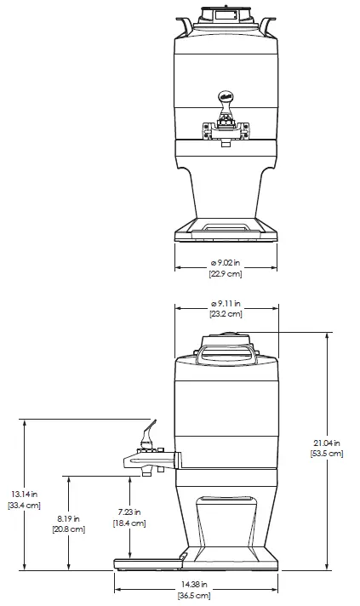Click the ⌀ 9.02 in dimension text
click(226, 263)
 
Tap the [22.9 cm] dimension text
click(226, 274)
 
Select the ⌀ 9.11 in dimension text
click(226, 303)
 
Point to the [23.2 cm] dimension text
click(226, 314)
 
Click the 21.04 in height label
click(327, 443)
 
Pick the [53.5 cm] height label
click(327, 454)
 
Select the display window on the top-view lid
click(226, 14)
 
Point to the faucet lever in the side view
click(149, 430)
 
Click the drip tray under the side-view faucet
click(149, 560)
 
